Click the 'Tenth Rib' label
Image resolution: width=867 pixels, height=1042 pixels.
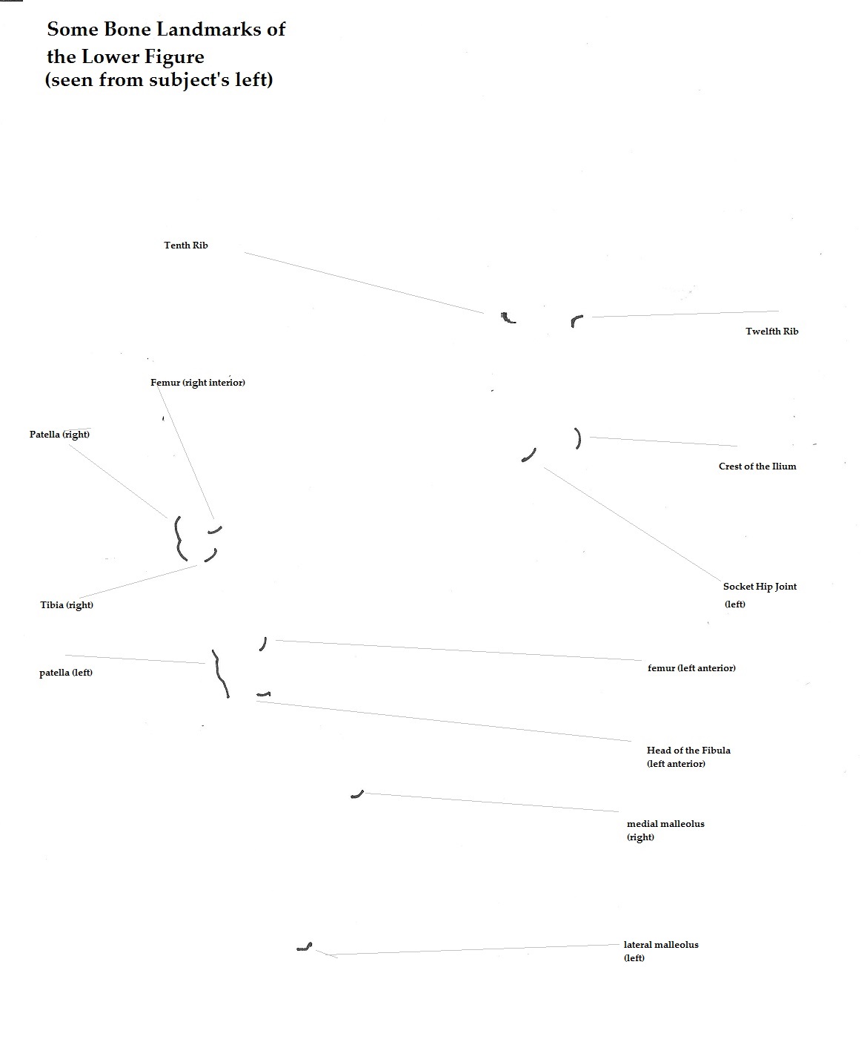point(185,245)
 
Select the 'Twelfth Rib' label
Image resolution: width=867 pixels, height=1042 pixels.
point(771,331)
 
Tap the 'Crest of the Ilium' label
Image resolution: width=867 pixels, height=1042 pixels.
point(757,466)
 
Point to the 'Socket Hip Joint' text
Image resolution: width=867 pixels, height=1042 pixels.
point(760,587)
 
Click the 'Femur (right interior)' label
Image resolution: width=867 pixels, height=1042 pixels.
point(197,382)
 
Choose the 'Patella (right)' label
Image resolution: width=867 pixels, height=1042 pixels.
point(59,434)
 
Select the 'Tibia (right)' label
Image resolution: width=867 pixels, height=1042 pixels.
point(66,605)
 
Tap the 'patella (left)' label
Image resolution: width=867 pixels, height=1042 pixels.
point(66,672)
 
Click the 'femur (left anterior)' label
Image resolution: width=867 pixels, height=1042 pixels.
point(691,667)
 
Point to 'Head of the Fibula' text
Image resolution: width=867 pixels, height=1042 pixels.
point(688,750)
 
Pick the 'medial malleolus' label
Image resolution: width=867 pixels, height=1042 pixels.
point(665,823)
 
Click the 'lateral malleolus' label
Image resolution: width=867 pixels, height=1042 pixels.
point(660,944)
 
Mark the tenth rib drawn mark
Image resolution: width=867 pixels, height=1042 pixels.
point(508,318)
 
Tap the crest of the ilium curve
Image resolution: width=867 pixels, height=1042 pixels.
point(579,438)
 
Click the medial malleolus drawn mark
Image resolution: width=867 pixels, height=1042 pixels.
point(358,795)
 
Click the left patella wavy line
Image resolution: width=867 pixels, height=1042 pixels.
point(219,673)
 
